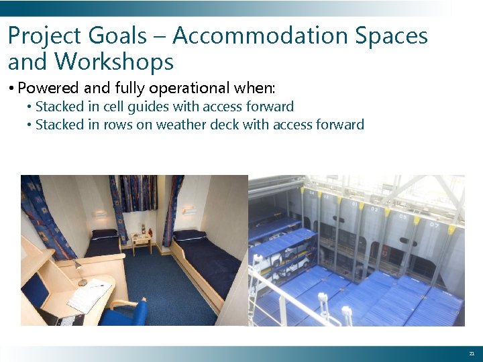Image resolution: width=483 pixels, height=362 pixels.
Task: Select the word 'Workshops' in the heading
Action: [114, 62]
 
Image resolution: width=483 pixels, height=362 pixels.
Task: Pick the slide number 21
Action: [472, 353]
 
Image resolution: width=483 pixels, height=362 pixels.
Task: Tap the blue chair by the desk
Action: [127, 311]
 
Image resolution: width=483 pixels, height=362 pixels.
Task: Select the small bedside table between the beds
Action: [142, 241]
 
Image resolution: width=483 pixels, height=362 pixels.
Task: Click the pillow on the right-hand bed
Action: [190, 235]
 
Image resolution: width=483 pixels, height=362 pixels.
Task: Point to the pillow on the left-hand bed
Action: [104, 234]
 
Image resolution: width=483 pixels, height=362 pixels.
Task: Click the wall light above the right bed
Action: [189, 210]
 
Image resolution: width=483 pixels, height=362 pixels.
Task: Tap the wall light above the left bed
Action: [100, 214]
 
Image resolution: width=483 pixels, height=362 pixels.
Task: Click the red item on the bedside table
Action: [151, 232]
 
